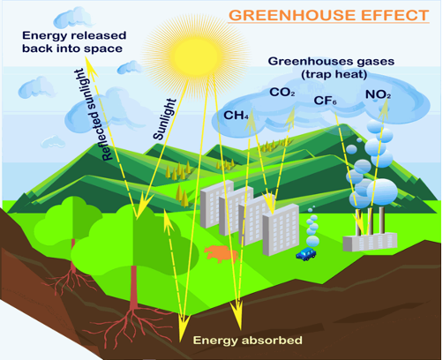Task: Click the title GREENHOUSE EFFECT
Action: [x=329, y=15]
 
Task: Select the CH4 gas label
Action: [x=236, y=116]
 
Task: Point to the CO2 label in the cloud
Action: [x=282, y=92]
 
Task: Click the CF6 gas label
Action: [x=325, y=101]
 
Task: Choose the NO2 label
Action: [x=378, y=94]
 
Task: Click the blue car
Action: [x=306, y=254]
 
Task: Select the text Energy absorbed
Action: [x=248, y=341]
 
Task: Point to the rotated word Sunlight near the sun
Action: [x=165, y=119]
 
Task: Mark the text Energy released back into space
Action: [x=74, y=41]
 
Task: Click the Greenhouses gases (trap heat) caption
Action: [x=332, y=68]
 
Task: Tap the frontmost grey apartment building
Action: [x=281, y=229]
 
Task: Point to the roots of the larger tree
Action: [x=130, y=325]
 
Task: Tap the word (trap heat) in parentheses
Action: [x=334, y=74]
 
